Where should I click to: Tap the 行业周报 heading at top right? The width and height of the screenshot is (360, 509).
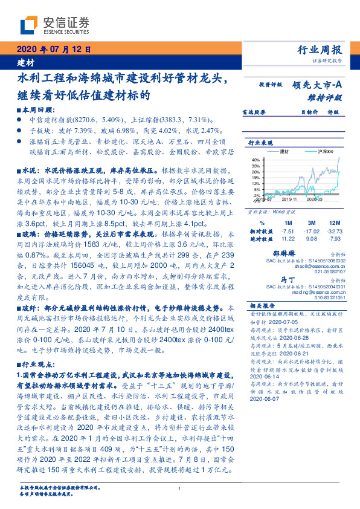pos(320,50)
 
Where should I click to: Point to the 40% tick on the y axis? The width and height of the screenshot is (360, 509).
pos(256,160)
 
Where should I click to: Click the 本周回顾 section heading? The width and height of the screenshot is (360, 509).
pos(33,111)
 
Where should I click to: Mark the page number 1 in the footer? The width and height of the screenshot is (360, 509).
pos(180,490)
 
